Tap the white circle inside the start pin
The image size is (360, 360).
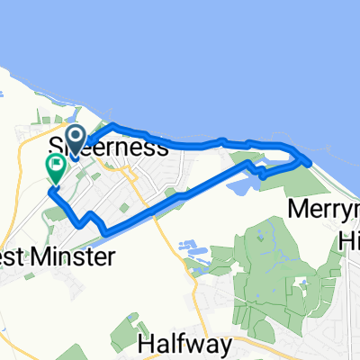[x=76, y=136]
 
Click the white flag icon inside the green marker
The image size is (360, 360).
[x=56, y=164]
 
